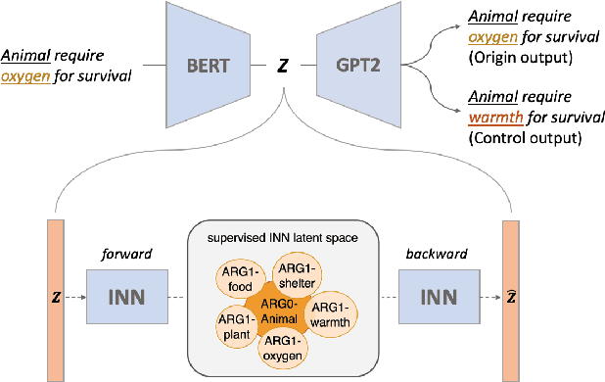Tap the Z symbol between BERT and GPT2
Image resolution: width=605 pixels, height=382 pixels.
[x=282, y=68]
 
